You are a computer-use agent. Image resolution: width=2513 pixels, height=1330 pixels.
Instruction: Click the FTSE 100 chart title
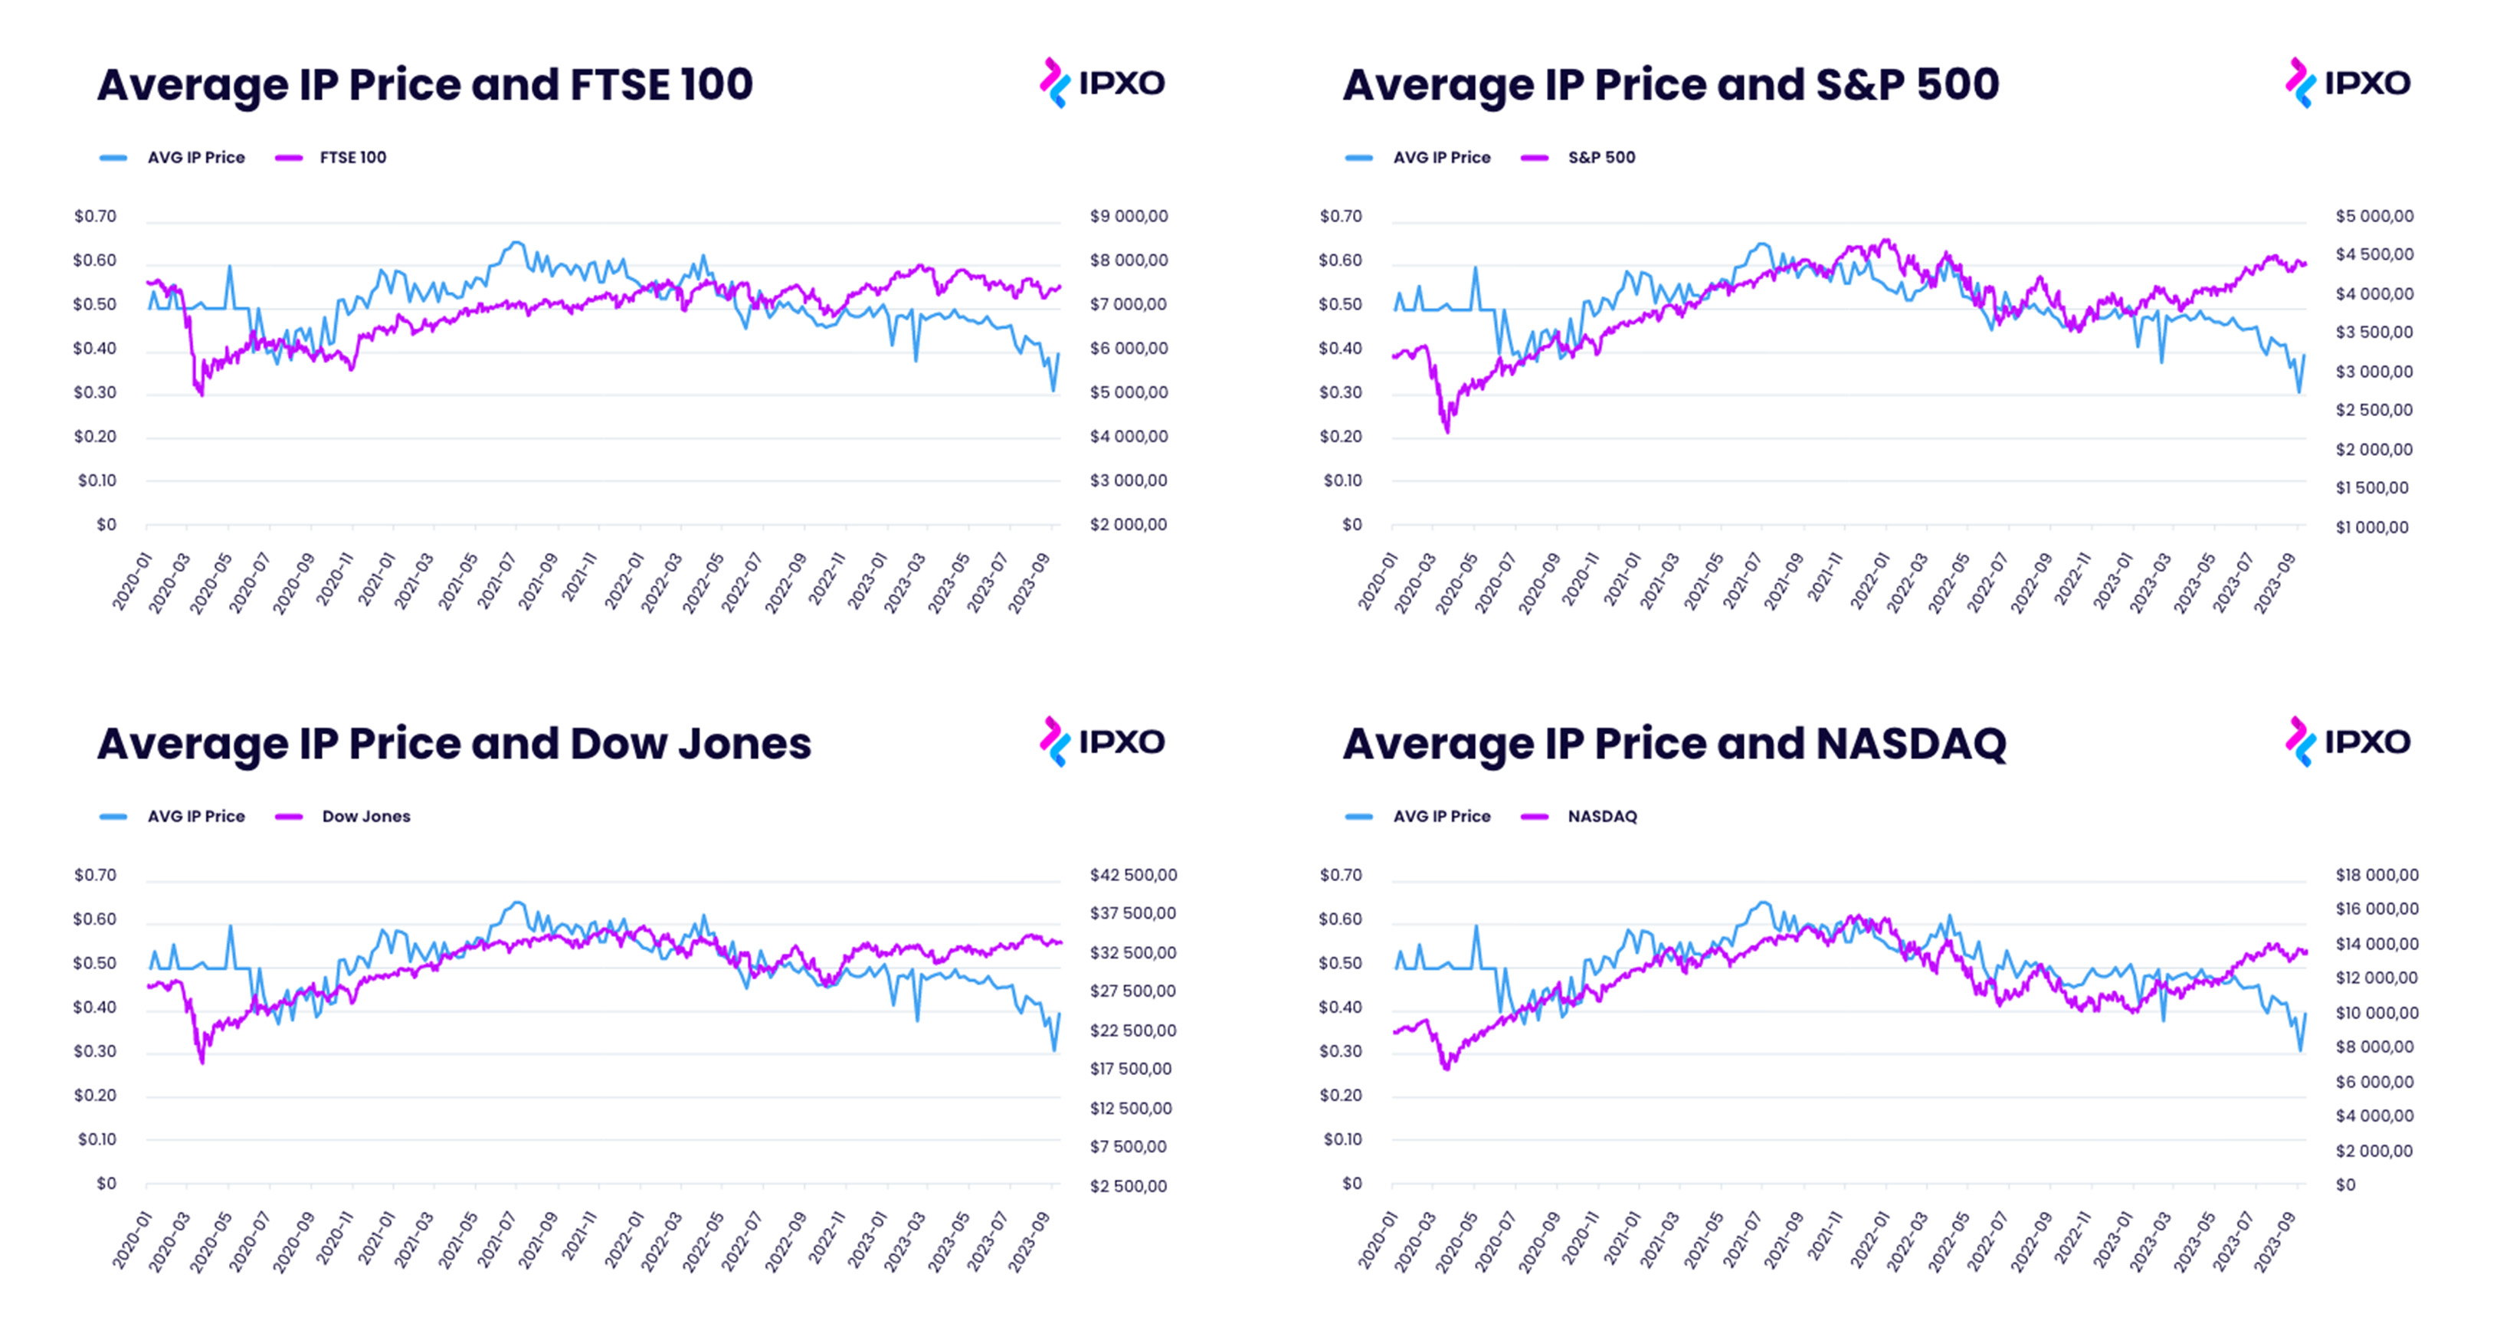[424, 85]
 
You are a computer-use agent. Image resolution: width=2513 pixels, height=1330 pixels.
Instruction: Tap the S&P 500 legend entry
[1600, 157]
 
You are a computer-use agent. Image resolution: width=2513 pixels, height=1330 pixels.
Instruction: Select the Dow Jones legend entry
[365, 816]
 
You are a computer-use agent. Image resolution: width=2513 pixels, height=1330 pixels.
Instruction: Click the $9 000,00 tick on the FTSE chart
[1129, 215]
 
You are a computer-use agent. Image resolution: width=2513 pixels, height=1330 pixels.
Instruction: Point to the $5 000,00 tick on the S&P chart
[2374, 215]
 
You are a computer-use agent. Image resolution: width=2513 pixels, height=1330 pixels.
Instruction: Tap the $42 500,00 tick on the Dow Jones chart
[1132, 874]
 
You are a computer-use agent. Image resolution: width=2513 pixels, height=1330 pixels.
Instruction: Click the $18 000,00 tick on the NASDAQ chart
[2377, 874]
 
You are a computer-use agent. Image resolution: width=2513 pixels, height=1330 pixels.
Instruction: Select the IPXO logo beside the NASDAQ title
[2348, 742]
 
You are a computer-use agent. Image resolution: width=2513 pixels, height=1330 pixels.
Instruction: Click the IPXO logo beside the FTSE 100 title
[1103, 83]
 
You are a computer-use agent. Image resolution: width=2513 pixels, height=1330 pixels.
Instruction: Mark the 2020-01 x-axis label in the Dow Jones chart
[133, 1240]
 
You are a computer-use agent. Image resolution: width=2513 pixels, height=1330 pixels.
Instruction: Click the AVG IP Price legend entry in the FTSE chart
[195, 157]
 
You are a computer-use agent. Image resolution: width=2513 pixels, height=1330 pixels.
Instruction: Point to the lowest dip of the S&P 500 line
[1447, 431]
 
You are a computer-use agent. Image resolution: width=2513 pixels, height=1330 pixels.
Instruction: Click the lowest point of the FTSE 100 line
[202, 395]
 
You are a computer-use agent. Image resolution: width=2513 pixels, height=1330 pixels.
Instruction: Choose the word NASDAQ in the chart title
[1910, 744]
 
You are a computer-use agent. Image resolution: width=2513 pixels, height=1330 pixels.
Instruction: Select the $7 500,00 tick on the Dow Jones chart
[1128, 1147]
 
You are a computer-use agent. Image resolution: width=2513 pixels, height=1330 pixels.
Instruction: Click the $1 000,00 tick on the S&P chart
[2370, 527]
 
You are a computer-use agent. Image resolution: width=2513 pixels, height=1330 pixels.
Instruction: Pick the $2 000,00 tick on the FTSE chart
[1128, 524]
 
